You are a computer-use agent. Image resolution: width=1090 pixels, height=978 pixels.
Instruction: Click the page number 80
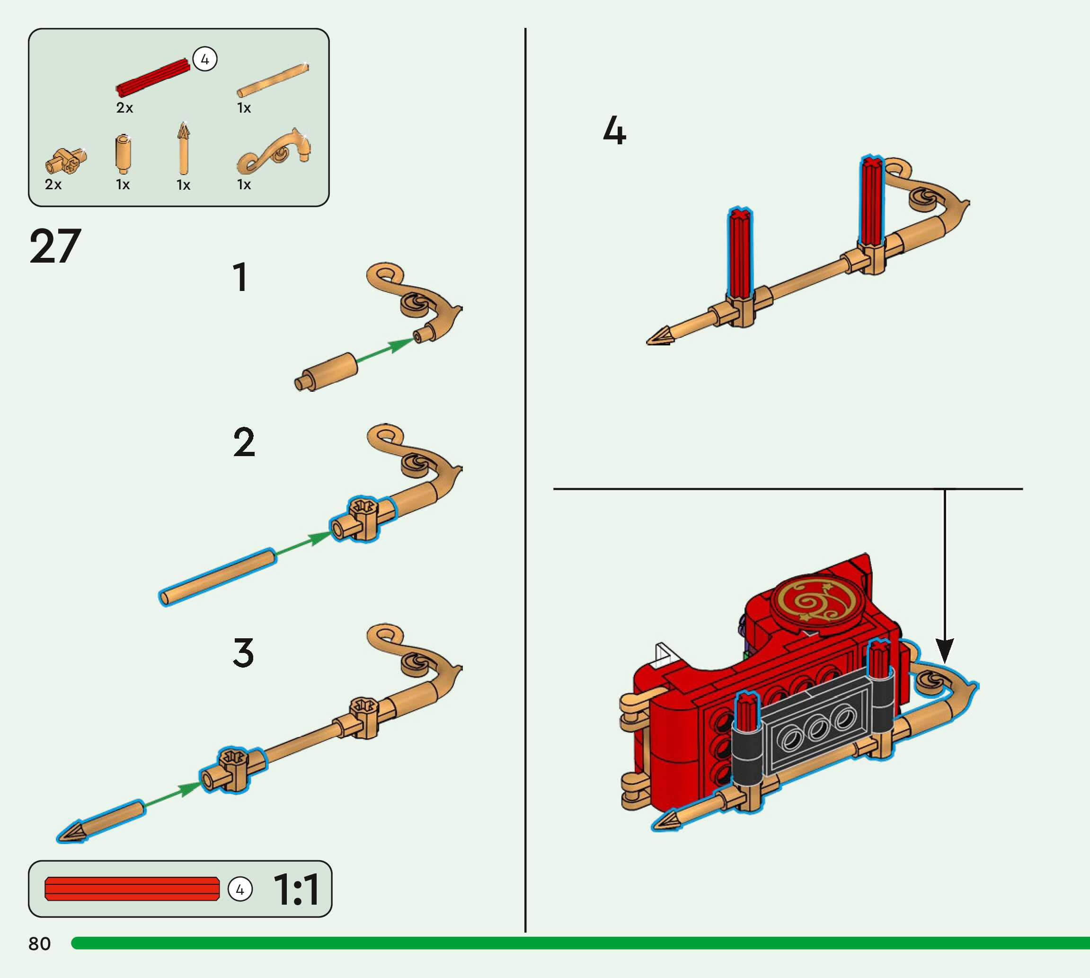tap(39, 943)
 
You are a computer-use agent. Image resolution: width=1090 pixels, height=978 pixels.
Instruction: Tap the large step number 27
tap(55, 246)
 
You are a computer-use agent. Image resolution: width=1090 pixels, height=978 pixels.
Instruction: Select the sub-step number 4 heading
tap(614, 131)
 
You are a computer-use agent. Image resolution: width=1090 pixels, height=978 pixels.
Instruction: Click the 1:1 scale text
tap(296, 890)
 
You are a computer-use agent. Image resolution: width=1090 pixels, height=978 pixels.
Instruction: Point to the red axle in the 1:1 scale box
tap(132, 889)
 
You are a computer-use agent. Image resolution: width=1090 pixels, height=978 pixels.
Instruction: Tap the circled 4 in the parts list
tap(205, 59)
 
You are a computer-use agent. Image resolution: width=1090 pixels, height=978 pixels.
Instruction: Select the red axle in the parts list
tap(154, 78)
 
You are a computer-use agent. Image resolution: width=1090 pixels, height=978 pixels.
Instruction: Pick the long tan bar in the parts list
tap(273, 80)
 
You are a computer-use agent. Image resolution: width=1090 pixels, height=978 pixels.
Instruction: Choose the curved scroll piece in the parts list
tap(275, 151)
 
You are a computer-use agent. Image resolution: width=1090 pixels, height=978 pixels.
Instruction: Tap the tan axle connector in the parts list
tap(66, 160)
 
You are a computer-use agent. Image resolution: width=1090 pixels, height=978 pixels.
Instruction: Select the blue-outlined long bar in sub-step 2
tap(218, 577)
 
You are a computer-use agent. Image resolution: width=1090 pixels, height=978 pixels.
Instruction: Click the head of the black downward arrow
tap(944, 650)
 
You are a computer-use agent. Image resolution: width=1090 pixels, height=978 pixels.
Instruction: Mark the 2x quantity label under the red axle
tap(124, 108)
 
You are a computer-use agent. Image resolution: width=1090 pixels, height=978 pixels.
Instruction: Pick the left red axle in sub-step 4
tap(740, 253)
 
